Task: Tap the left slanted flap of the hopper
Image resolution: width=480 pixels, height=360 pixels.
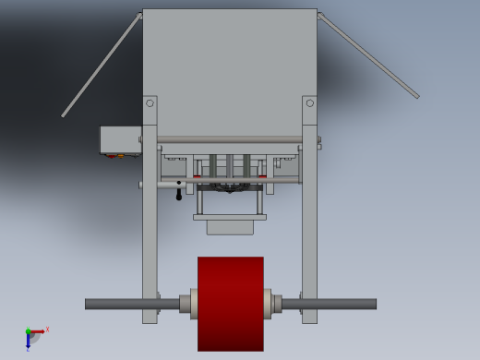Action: pyautogui.click(x=102, y=65)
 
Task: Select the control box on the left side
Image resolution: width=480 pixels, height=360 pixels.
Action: pyautogui.click(x=120, y=139)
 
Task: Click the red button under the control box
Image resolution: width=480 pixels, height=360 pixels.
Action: pyautogui.click(x=112, y=156)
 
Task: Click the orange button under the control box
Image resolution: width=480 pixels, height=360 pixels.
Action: pyautogui.click(x=121, y=156)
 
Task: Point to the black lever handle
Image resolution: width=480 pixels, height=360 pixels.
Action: pyautogui.click(x=179, y=193)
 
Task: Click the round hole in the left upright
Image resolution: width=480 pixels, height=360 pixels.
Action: pyautogui.click(x=150, y=103)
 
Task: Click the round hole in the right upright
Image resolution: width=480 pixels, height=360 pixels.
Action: pyautogui.click(x=309, y=103)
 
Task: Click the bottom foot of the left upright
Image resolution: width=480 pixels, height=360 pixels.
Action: pyautogui.click(x=150, y=318)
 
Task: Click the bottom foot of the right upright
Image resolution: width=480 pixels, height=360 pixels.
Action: pyautogui.click(x=309, y=318)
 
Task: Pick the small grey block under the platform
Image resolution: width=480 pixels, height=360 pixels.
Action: pyautogui.click(x=230, y=227)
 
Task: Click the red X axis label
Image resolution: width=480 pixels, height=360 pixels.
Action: pyautogui.click(x=47, y=329)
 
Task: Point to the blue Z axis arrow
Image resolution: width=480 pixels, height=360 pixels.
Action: pyautogui.click(x=28, y=342)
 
